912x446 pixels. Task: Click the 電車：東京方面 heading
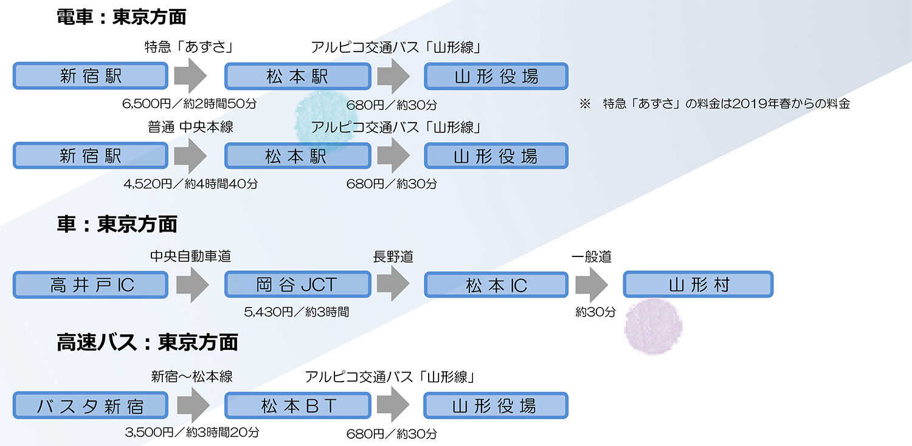tap(122, 17)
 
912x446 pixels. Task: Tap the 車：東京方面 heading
tap(117, 224)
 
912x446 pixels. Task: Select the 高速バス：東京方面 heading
tap(147, 342)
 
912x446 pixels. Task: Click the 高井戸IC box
tap(91, 285)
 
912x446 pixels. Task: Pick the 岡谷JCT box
tap(298, 284)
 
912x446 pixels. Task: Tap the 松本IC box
tap(496, 285)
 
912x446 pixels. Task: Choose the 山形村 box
tap(698, 284)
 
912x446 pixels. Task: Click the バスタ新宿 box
tap(91, 405)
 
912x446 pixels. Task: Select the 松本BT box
tap(298, 405)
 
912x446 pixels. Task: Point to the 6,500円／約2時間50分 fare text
tap(189, 104)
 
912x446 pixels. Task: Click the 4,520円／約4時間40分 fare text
tap(190, 184)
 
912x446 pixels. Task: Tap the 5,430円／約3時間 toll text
tap(297, 312)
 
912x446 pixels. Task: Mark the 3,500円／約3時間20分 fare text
tap(192, 432)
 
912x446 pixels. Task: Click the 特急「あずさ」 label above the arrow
tap(190, 47)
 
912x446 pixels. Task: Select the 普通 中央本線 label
tap(190, 127)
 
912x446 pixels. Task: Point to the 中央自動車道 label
tap(190, 256)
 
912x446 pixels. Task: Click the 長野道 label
tap(393, 257)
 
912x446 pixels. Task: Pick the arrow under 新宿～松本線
tap(193, 405)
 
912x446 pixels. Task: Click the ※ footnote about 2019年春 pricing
tap(714, 104)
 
